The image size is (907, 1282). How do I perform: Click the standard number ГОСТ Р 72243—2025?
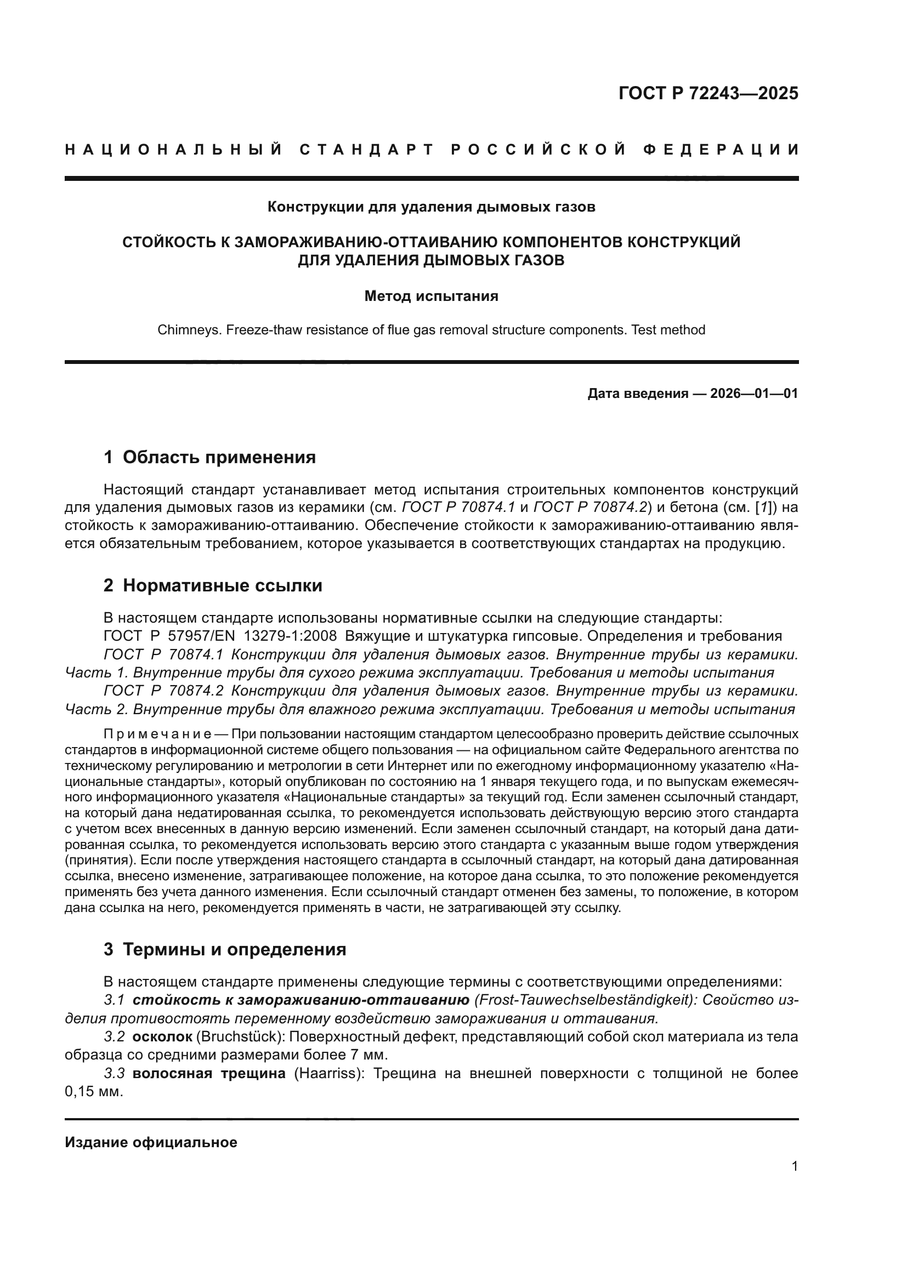click(708, 93)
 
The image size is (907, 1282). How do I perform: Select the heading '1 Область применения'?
click(209, 457)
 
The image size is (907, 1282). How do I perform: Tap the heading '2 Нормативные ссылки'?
click(213, 586)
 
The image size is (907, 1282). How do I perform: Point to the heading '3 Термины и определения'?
click(224, 950)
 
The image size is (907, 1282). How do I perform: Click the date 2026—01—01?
click(753, 394)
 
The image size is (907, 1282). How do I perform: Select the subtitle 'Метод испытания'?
click(431, 296)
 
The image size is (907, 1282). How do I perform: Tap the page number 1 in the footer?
click(794, 1166)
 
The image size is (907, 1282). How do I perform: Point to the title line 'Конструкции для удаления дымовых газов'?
click(431, 207)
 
